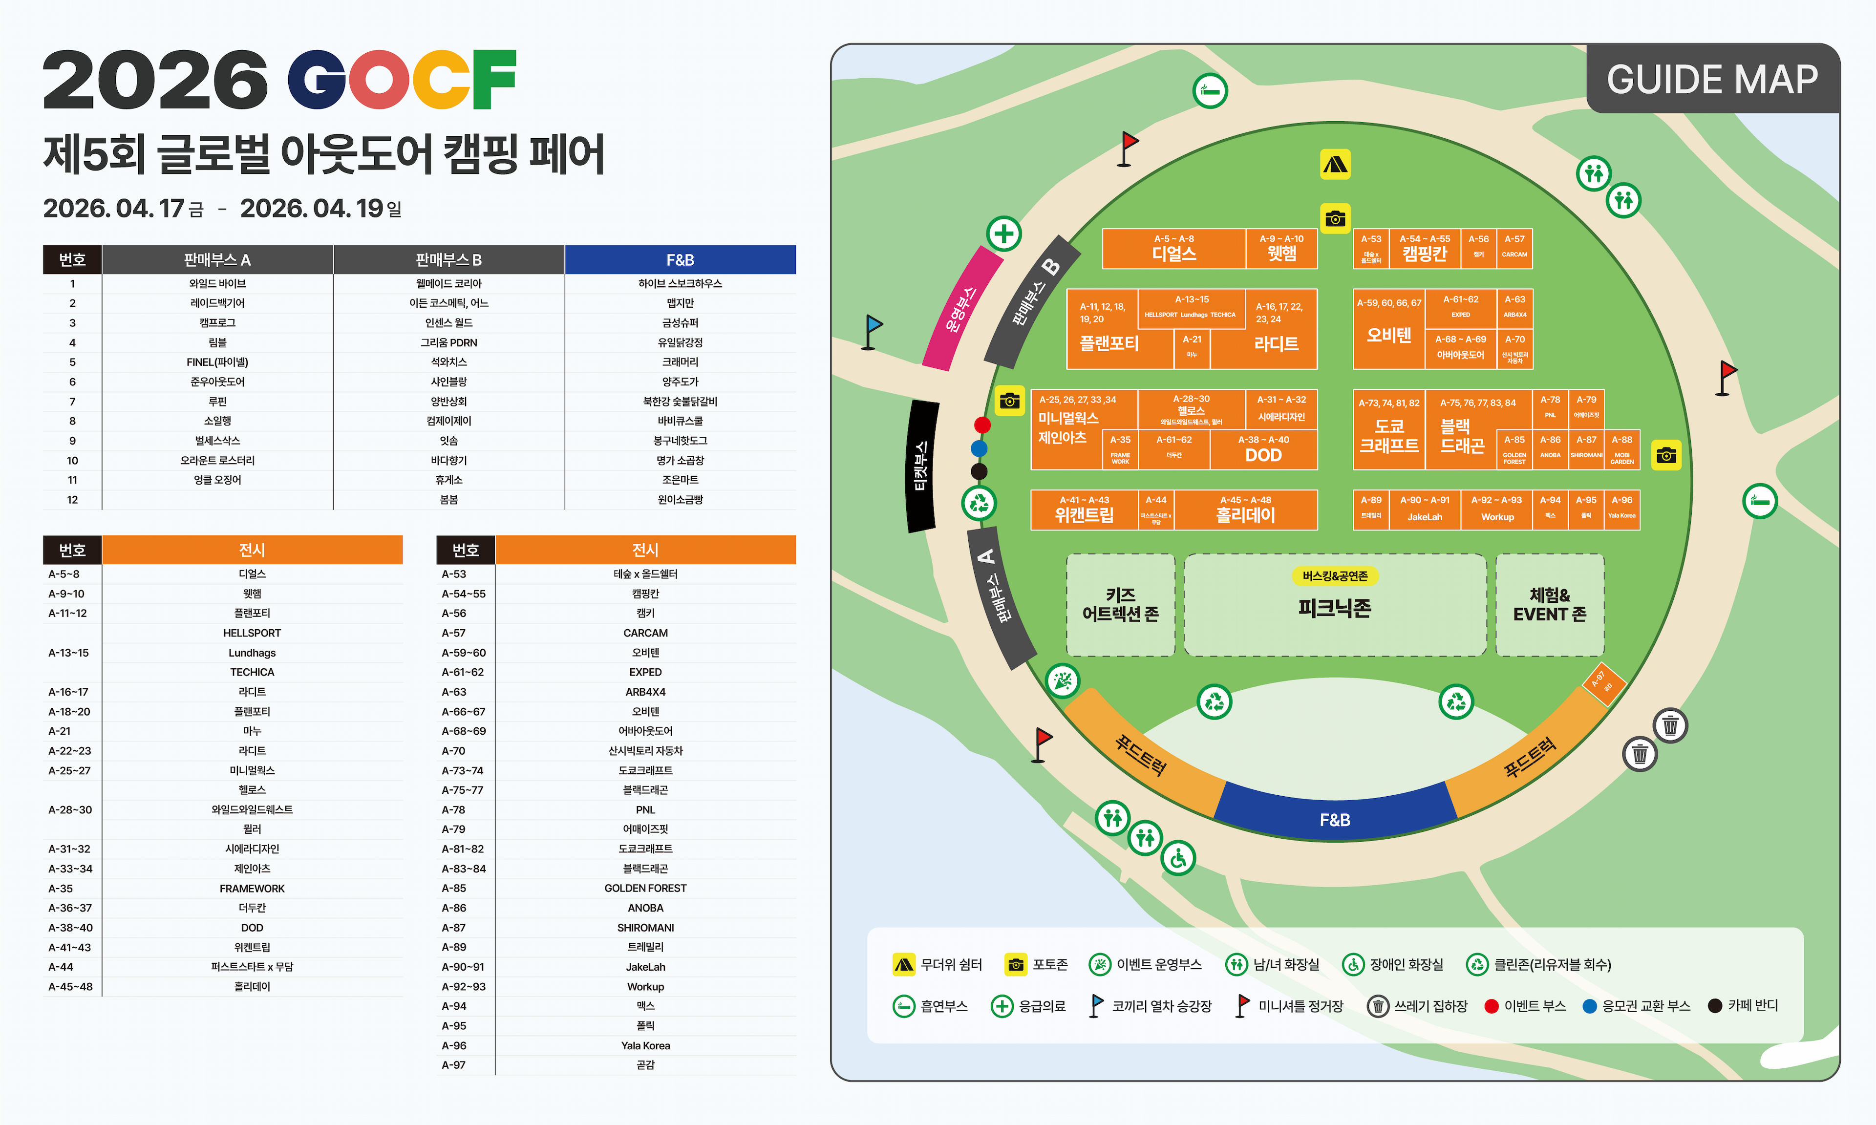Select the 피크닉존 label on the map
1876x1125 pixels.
coord(1334,607)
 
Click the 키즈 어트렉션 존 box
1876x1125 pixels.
coord(1120,604)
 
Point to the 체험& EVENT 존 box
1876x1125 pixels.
coord(1549,604)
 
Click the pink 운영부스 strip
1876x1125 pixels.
coord(961,308)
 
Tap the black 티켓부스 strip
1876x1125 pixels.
coord(921,466)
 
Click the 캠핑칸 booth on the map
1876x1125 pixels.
coord(1424,249)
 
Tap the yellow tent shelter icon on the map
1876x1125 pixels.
coord(1335,164)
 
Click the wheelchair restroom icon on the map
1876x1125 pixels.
coord(1177,858)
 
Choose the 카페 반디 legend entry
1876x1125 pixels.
coord(1743,1005)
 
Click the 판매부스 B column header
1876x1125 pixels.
coord(448,260)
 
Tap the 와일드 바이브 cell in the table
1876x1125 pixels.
coord(217,283)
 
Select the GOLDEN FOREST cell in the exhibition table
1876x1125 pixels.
coord(645,888)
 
